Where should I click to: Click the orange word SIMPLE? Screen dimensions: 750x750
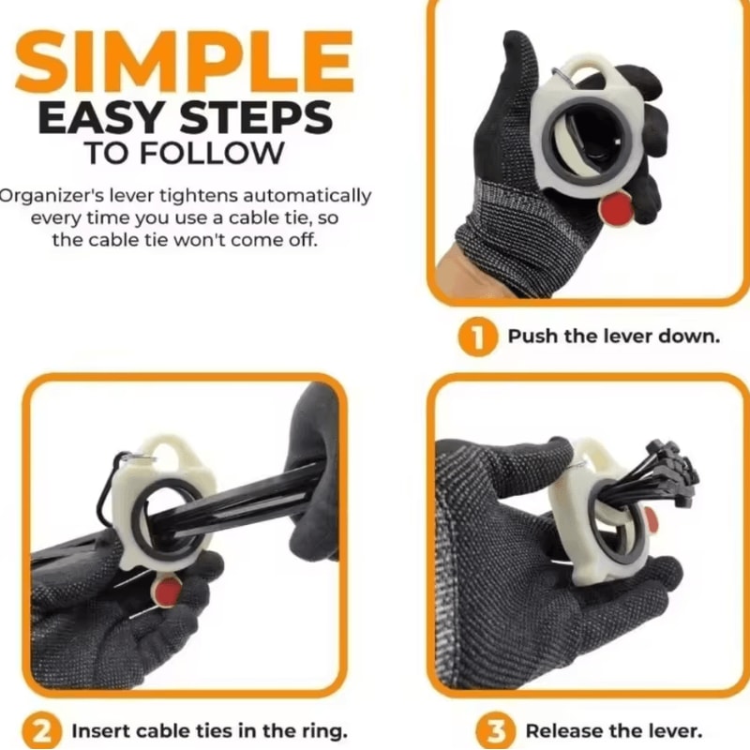185,62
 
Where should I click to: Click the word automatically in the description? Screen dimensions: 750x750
307,196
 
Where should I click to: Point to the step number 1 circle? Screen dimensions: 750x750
477,337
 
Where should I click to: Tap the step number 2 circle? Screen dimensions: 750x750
42,731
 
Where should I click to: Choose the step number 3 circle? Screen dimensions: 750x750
496,731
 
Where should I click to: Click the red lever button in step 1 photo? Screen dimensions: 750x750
618,208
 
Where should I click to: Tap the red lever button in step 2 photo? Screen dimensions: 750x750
168,592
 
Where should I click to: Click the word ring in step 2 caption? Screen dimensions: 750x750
327,732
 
